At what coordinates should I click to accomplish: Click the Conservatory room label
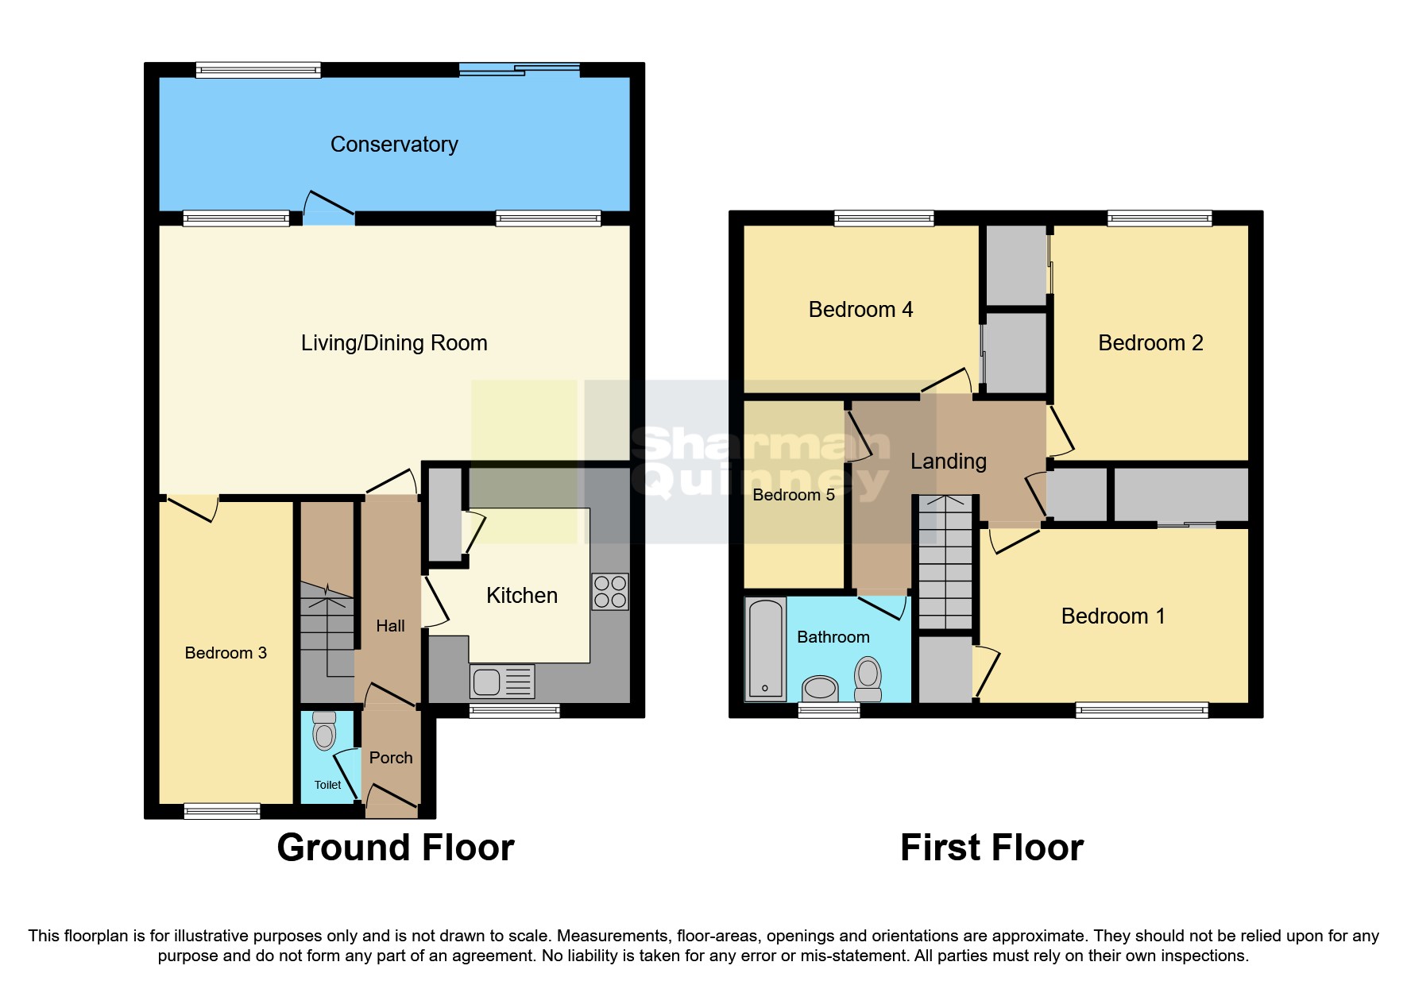pyautogui.click(x=394, y=145)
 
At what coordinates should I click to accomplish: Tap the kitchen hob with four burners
pyautogui.click(x=610, y=592)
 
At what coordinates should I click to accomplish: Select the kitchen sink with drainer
pyautogui.click(x=502, y=682)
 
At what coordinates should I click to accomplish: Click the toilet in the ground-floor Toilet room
pyautogui.click(x=324, y=732)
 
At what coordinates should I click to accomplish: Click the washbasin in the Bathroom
pyautogui.click(x=820, y=688)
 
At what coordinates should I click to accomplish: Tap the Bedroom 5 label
pyautogui.click(x=793, y=495)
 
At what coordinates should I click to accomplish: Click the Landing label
pyautogui.click(x=948, y=462)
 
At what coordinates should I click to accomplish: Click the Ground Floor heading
pyautogui.click(x=396, y=848)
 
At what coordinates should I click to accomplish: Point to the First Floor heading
pyautogui.click(x=991, y=848)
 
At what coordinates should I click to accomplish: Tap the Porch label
pyautogui.click(x=391, y=758)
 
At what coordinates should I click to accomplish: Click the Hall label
pyautogui.click(x=390, y=626)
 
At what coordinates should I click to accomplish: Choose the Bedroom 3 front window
pyautogui.click(x=222, y=811)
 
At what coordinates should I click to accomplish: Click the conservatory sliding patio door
pyautogui.click(x=520, y=70)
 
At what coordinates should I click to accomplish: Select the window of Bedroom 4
pyautogui.click(x=883, y=218)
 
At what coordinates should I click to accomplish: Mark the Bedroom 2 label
pyautogui.click(x=1150, y=343)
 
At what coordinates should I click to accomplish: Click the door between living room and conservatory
pyautogui.click(x=329, y=208)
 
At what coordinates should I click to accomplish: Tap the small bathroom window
pyautogui.click(x=829, y=710)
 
